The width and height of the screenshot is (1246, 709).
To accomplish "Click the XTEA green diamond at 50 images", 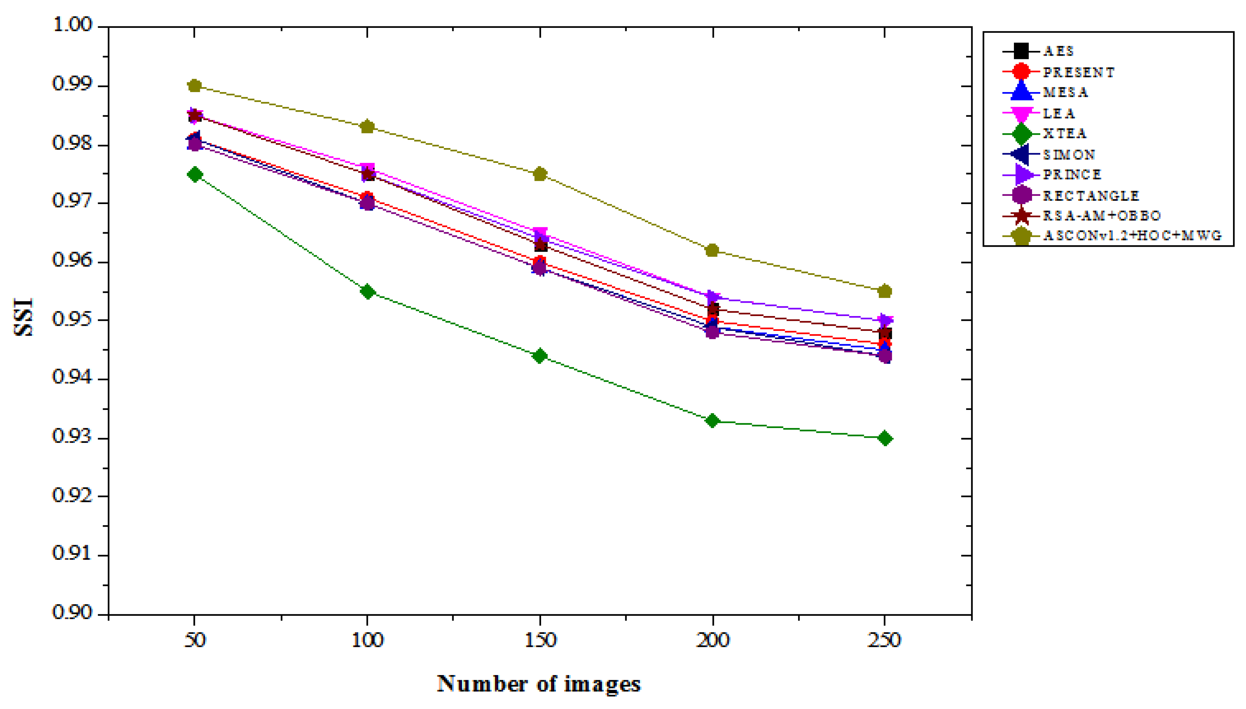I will tap(195, 174).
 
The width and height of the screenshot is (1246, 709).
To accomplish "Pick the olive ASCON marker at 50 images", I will tap(195, 86).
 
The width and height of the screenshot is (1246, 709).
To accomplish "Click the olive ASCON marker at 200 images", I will tap(712, 250).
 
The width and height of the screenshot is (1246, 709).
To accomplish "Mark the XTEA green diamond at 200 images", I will tap(712, 420).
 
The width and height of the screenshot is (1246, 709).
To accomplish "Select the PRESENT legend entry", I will tap(1078, 72).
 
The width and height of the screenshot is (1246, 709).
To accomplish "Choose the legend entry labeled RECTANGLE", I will tap(1091, 196).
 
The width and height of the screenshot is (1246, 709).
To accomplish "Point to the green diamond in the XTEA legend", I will tap(1021, 133).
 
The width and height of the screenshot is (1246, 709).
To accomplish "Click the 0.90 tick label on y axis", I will tap(72, 612).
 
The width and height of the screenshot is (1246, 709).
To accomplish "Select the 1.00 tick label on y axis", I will tap(72, 24).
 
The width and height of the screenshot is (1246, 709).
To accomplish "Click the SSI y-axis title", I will tap(23, 317).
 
